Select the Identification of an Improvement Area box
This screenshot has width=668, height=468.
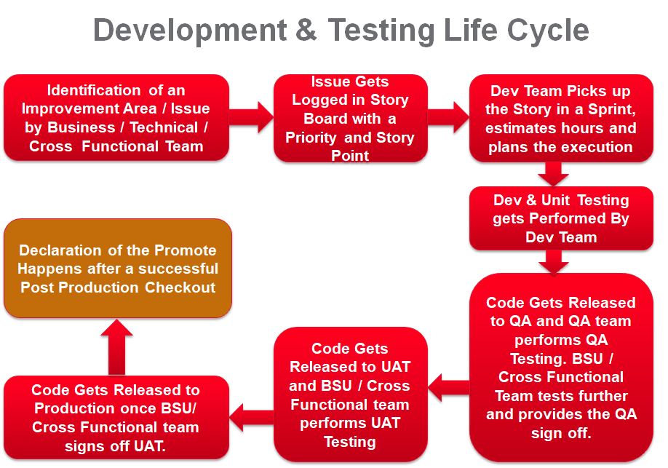[116, 118]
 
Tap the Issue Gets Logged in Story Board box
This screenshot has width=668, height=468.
[350, 118]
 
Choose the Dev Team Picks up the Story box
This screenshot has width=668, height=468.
[560, 118]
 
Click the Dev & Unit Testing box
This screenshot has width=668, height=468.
[560, 218]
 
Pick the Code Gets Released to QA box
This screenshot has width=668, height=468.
[560, 368]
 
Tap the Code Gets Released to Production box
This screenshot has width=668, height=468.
[116, 418]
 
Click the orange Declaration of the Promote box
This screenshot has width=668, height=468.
[117, 269]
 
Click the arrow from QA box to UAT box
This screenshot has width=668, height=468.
[448, 381]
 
